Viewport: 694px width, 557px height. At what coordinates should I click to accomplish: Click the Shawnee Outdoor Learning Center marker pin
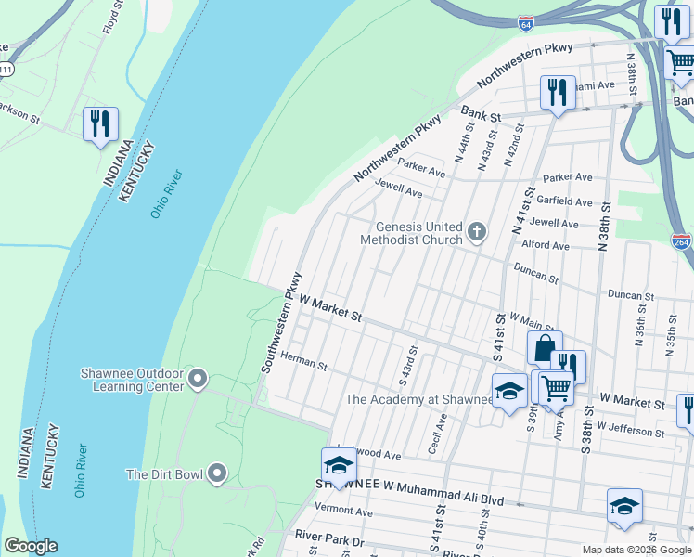197,378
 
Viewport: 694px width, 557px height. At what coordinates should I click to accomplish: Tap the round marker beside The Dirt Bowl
217,473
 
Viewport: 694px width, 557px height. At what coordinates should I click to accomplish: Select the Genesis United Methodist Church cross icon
477,231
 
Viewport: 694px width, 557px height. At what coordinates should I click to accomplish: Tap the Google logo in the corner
31,546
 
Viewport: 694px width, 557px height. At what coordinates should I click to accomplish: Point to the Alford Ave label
546,246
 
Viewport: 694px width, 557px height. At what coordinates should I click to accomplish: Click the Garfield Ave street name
568,201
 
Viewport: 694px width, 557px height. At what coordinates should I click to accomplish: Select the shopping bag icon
544,348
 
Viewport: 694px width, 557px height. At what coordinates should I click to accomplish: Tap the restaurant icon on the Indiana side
99,123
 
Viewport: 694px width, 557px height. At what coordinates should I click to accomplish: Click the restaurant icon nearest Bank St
557,92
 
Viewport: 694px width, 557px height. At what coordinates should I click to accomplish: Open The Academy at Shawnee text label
418,399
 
